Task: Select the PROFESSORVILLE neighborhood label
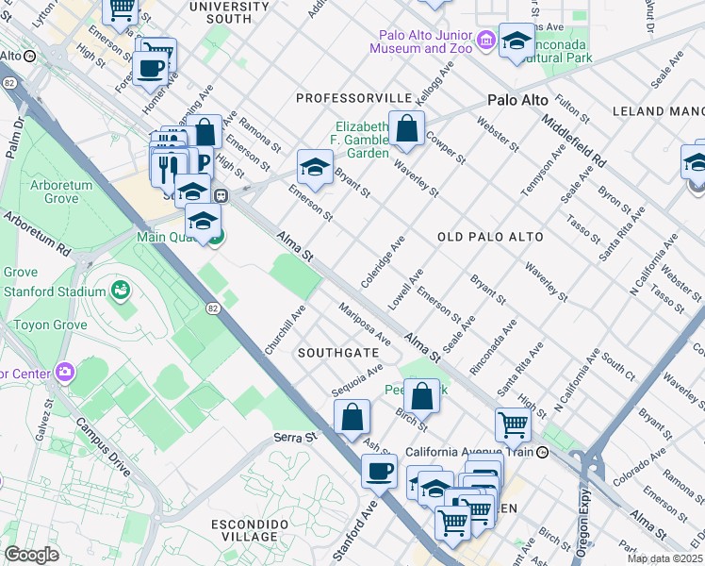point(353,98)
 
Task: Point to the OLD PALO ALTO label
point(490,237)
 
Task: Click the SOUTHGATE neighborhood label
point(338,352)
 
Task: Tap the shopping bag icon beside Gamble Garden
point(406,130)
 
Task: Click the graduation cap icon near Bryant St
point(315,168)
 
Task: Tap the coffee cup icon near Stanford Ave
point(380,471)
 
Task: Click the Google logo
point(31,555)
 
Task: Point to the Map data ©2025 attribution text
point(664,558)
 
